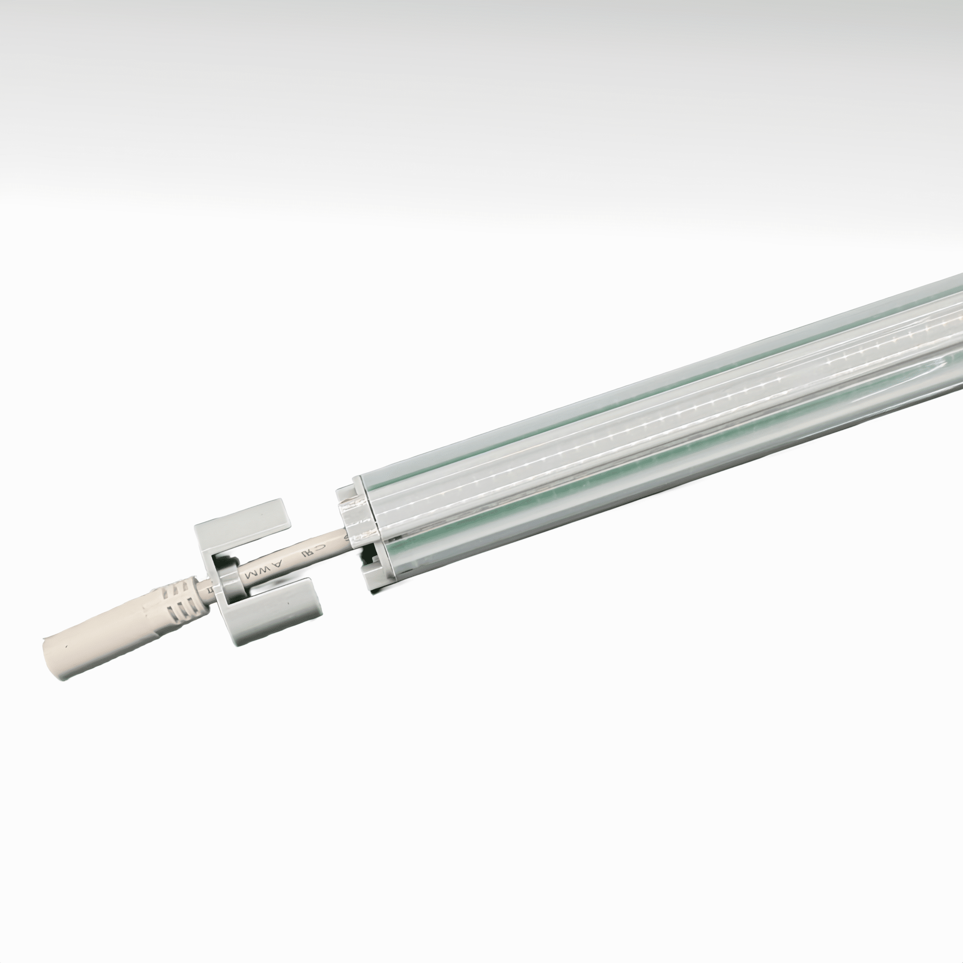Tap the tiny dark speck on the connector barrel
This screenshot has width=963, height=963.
pos(65,647)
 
